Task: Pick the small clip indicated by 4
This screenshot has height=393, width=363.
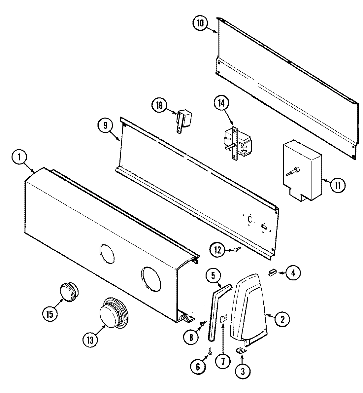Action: (x=272, y=272)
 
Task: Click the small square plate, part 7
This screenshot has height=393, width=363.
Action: (x=224, y=319)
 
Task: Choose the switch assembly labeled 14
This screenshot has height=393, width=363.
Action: (x=235, y=144)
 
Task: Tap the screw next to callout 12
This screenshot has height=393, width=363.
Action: (x=237, y=249)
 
